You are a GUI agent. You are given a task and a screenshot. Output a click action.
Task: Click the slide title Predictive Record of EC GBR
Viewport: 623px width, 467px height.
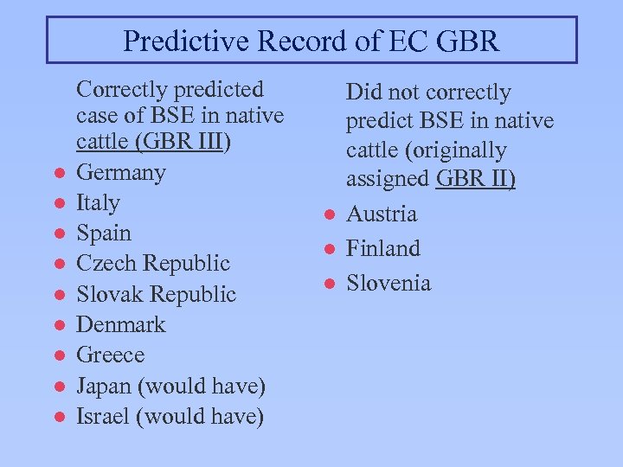pyautogui.click(x=311, y=41)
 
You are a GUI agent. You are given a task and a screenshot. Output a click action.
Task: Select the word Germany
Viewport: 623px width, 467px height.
pyautogui.click(x=120, y=173)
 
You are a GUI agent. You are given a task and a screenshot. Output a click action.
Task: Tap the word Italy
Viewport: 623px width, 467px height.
pyautogui.click(x=98, y=203)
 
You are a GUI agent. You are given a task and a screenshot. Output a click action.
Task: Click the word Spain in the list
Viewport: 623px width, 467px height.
pyautogui.click(x=104, y=233)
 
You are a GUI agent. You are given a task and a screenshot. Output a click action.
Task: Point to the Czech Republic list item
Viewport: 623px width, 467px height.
pyautogui.click(x=153, y=264)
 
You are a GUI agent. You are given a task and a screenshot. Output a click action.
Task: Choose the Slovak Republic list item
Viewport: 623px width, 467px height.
pyautogui.click(x=156, y=294)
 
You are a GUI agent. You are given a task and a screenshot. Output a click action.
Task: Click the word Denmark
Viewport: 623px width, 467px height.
pyautogui.click(x=120, y=325)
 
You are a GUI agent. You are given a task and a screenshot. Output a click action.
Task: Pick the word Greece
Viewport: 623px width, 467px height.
pyautogui.click(x=110, y=355)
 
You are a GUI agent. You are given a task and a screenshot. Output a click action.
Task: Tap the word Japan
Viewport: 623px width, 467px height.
pyautogui.click(x=103, y=386)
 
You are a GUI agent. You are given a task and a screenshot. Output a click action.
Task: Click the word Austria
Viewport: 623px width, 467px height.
pyautogui.click(x=382, y=214)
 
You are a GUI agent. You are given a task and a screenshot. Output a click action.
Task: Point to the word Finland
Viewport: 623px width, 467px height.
pyautogui.click(x=383, y=249)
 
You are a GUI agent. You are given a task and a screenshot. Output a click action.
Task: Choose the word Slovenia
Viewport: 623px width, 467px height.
pyautogui.click(x=389, y=284)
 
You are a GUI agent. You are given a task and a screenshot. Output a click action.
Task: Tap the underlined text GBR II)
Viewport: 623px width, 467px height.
pyautogui.click(x=476, y=179)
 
